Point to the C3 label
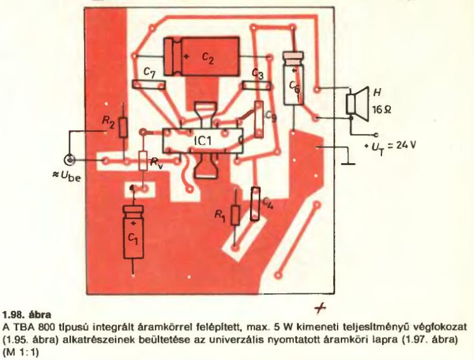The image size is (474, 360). (257, 74)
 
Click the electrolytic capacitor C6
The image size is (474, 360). (293, 80)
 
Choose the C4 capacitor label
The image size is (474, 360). (268, 204)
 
